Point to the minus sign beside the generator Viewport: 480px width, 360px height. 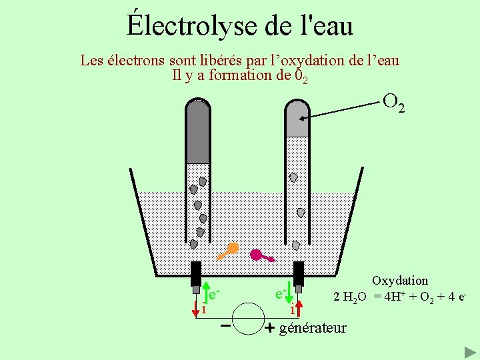(226, 326)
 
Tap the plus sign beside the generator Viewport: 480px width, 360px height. (269, 328)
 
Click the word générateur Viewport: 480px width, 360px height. (313, 327)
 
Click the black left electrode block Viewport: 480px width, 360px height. (195, 273)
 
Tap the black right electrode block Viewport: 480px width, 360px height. (299, 273)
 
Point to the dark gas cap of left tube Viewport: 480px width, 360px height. (198, 130)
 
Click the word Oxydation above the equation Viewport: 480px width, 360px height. (400, 281)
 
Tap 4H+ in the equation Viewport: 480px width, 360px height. (396, 296)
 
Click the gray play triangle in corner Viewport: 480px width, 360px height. (469, 351)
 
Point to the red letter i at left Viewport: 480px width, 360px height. (203, 309)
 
